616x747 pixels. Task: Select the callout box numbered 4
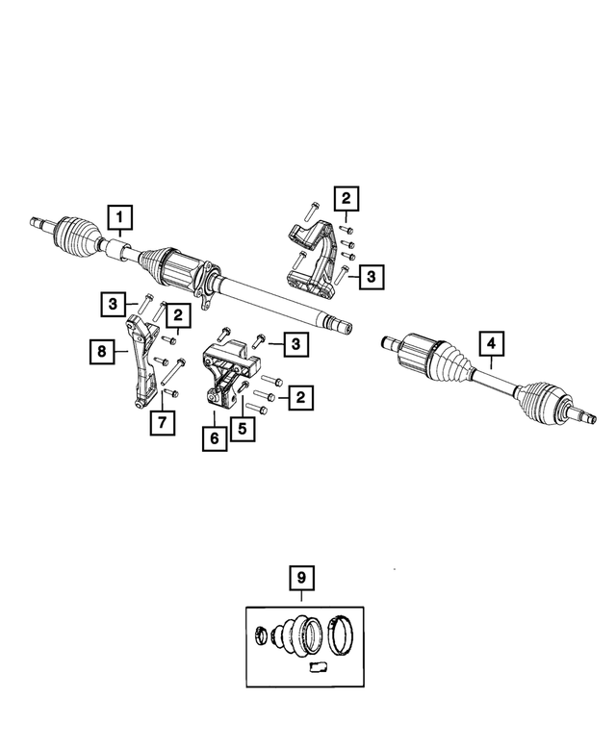[491, 343]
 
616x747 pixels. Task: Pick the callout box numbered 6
[214, 439]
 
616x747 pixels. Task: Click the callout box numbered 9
[301, 579]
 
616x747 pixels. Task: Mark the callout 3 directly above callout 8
[114, 305]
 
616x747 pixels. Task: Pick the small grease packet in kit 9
[319, 666]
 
